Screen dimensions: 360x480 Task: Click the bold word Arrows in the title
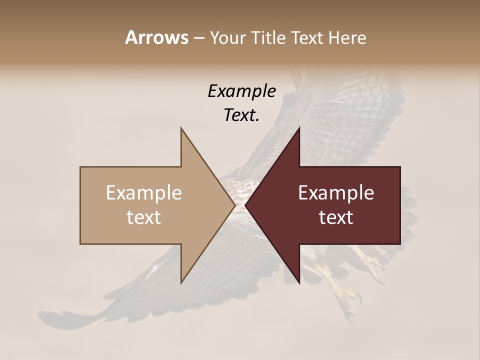pyautogui.click(x=156, y=37)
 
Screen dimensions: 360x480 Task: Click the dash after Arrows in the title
pyautogui.click(x=198, y=38)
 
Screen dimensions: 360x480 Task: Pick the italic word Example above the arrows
pyautogui.click(x=241, y=91)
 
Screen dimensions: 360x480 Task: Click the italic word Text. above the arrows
pyautogui.click(x=241, y=115)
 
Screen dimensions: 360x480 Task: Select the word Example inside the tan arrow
pyautogui.click(x=144, y=193)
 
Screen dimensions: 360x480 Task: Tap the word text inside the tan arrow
pyautogui.click(x=144, y=217)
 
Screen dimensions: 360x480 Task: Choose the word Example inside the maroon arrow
pyautogui.click(x=336, y=193)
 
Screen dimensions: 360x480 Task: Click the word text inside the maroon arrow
pyautogui.click(x=336, y=217)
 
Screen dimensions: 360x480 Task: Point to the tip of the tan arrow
pyautogui.click(x=234, y=205)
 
